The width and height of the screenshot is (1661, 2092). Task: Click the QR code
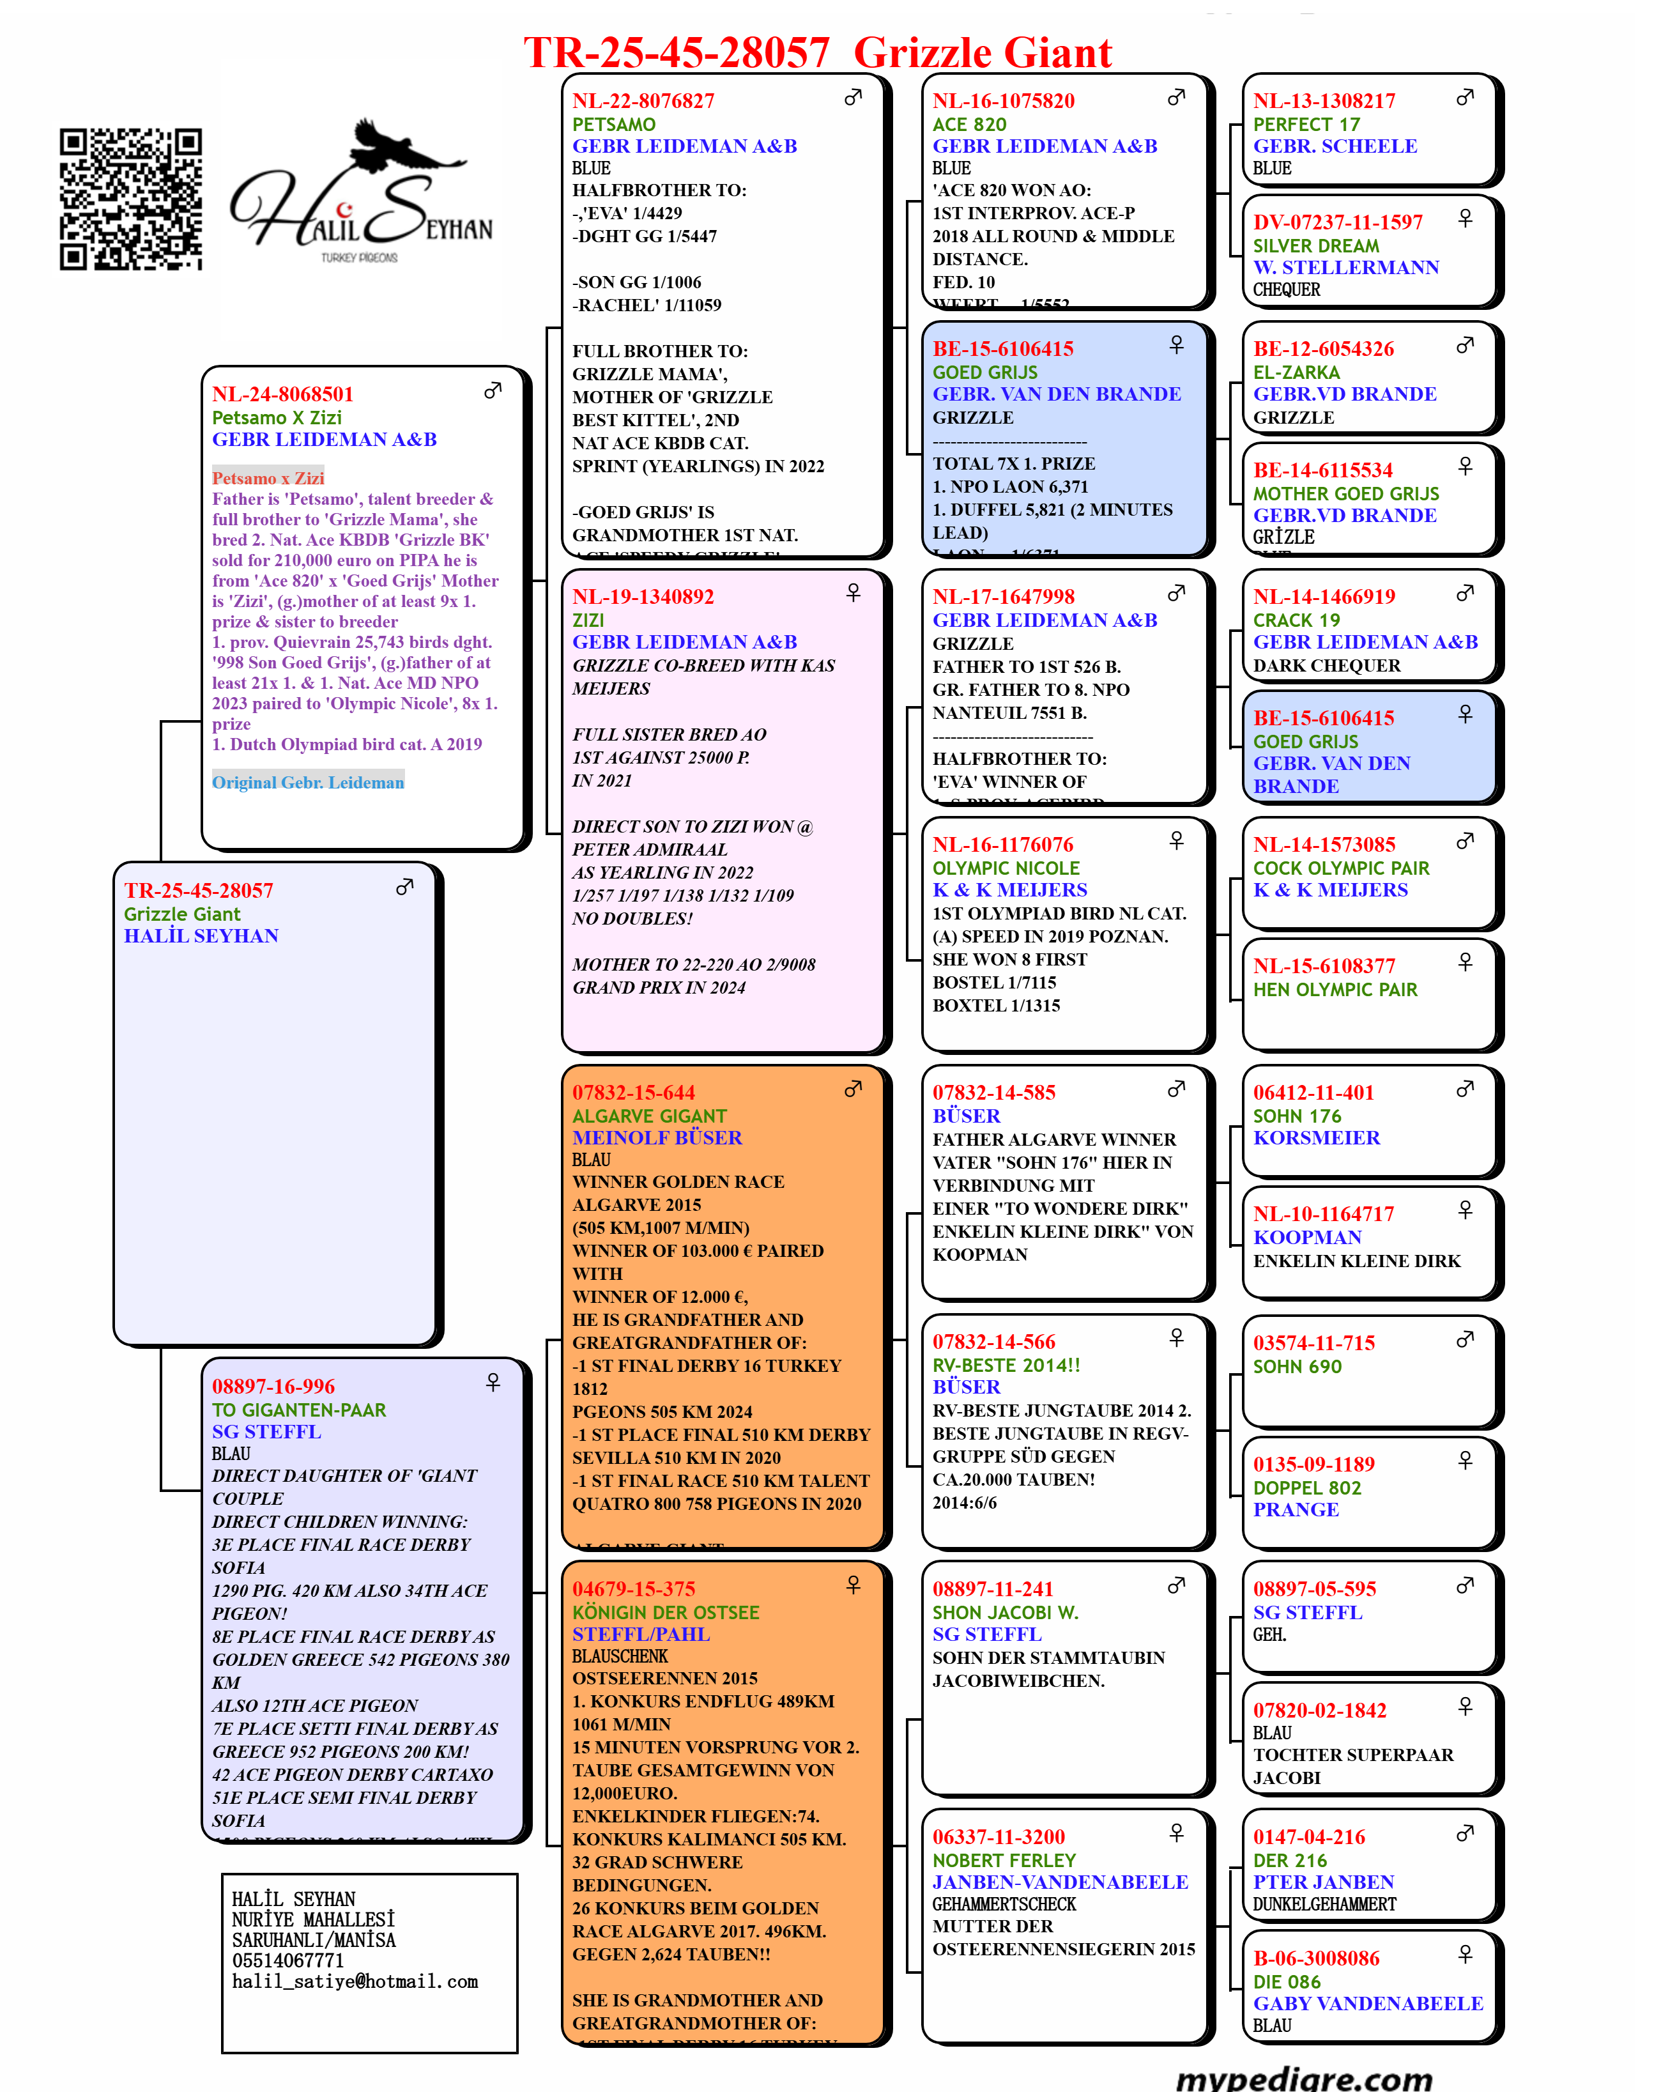click(130, 199)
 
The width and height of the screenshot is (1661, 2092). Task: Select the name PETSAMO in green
click(613, 124)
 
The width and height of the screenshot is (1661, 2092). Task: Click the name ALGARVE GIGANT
click(649, 1116)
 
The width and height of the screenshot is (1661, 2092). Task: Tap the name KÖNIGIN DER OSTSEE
click(666, 1611)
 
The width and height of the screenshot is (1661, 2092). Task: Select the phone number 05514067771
click(288, 1960)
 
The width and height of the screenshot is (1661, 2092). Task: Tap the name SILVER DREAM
click(1315, 245)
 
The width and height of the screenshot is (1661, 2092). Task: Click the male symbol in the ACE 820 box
click(1176, 98)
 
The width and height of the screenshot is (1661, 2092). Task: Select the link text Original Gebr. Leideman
click(307, 782)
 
